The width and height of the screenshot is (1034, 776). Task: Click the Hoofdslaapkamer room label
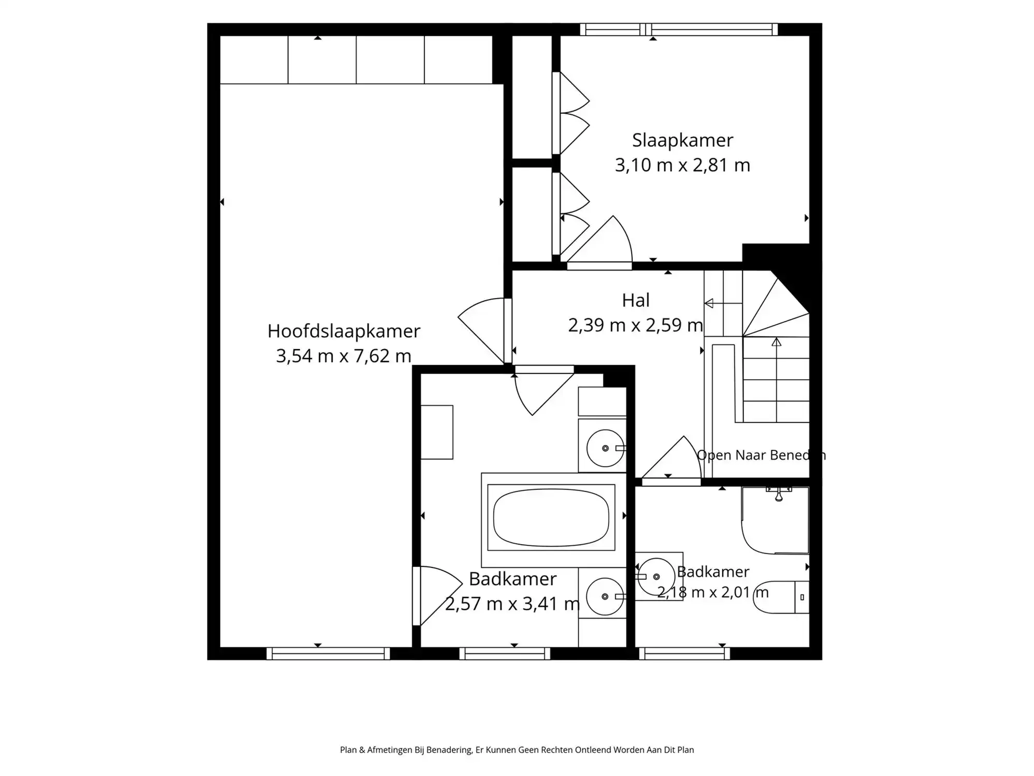click(344, 332)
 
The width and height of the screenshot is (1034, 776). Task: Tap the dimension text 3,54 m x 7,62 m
click(344, 356)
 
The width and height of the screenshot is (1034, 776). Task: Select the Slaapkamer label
click(682, 141)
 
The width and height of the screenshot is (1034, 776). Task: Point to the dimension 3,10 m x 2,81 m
click(682, 165)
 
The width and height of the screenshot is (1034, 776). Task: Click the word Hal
click(635, 300)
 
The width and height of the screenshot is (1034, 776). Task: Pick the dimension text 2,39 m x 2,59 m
click(635, 325)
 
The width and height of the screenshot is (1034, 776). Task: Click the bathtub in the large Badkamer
click(551, 517)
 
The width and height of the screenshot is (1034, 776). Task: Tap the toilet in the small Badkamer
click(781, 597)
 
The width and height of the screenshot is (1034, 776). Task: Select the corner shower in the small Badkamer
click(775, 520)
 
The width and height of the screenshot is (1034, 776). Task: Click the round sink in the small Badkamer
click(656, 576)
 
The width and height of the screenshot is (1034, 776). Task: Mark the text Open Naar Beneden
click(761, 455)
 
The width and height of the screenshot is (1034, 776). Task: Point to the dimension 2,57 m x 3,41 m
click(512, 604)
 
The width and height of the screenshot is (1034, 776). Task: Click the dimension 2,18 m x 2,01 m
click(713, 592)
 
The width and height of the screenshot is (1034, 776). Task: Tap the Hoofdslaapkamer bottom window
click(328, 654)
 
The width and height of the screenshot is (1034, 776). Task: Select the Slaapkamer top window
click(679, 29)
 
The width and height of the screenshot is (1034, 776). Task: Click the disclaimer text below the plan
click(517, 750)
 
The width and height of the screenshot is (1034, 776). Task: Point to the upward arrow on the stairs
click(777, 380)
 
